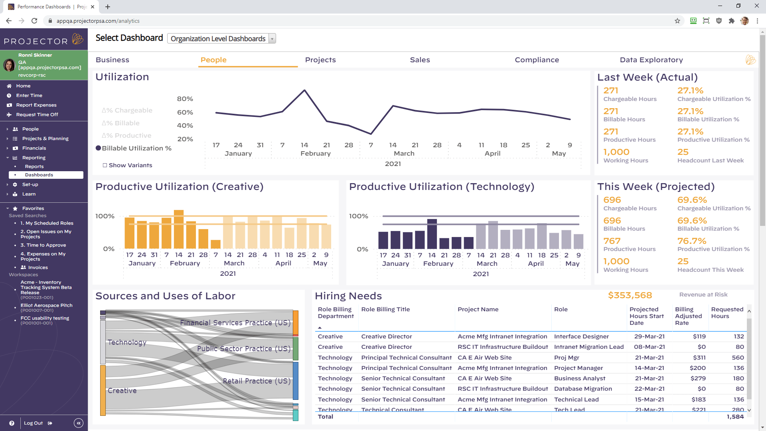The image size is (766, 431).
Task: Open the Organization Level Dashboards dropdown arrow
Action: click(272, 39)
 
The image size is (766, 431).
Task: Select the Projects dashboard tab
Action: click(320, 60)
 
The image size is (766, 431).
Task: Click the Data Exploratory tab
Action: click(651, 60)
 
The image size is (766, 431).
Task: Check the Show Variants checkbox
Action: click(105, 165)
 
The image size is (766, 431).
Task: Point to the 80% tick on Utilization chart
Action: click(185, 99)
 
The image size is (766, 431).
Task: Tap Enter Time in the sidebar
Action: click(29, 95)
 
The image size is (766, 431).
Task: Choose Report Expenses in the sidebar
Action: click(36, 105)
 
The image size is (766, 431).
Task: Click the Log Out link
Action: click(34, 423)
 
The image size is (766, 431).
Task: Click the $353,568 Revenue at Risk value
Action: click(630, 295)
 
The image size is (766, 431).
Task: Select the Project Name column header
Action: click(478, 309)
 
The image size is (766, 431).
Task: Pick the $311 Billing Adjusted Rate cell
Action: click(699, 358)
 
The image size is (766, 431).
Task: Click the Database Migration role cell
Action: click(583, 389)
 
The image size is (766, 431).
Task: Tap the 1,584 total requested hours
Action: click(735, 417)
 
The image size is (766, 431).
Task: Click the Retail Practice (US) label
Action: click(257, 381)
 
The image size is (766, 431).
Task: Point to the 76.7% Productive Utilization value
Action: click(691, 241)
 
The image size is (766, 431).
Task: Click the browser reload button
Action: click(34, 21)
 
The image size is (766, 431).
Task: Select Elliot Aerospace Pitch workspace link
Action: click(46, 305)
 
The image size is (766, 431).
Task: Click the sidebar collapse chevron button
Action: click(79, 423)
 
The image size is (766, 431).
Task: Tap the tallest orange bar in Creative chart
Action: click(179, 229)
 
